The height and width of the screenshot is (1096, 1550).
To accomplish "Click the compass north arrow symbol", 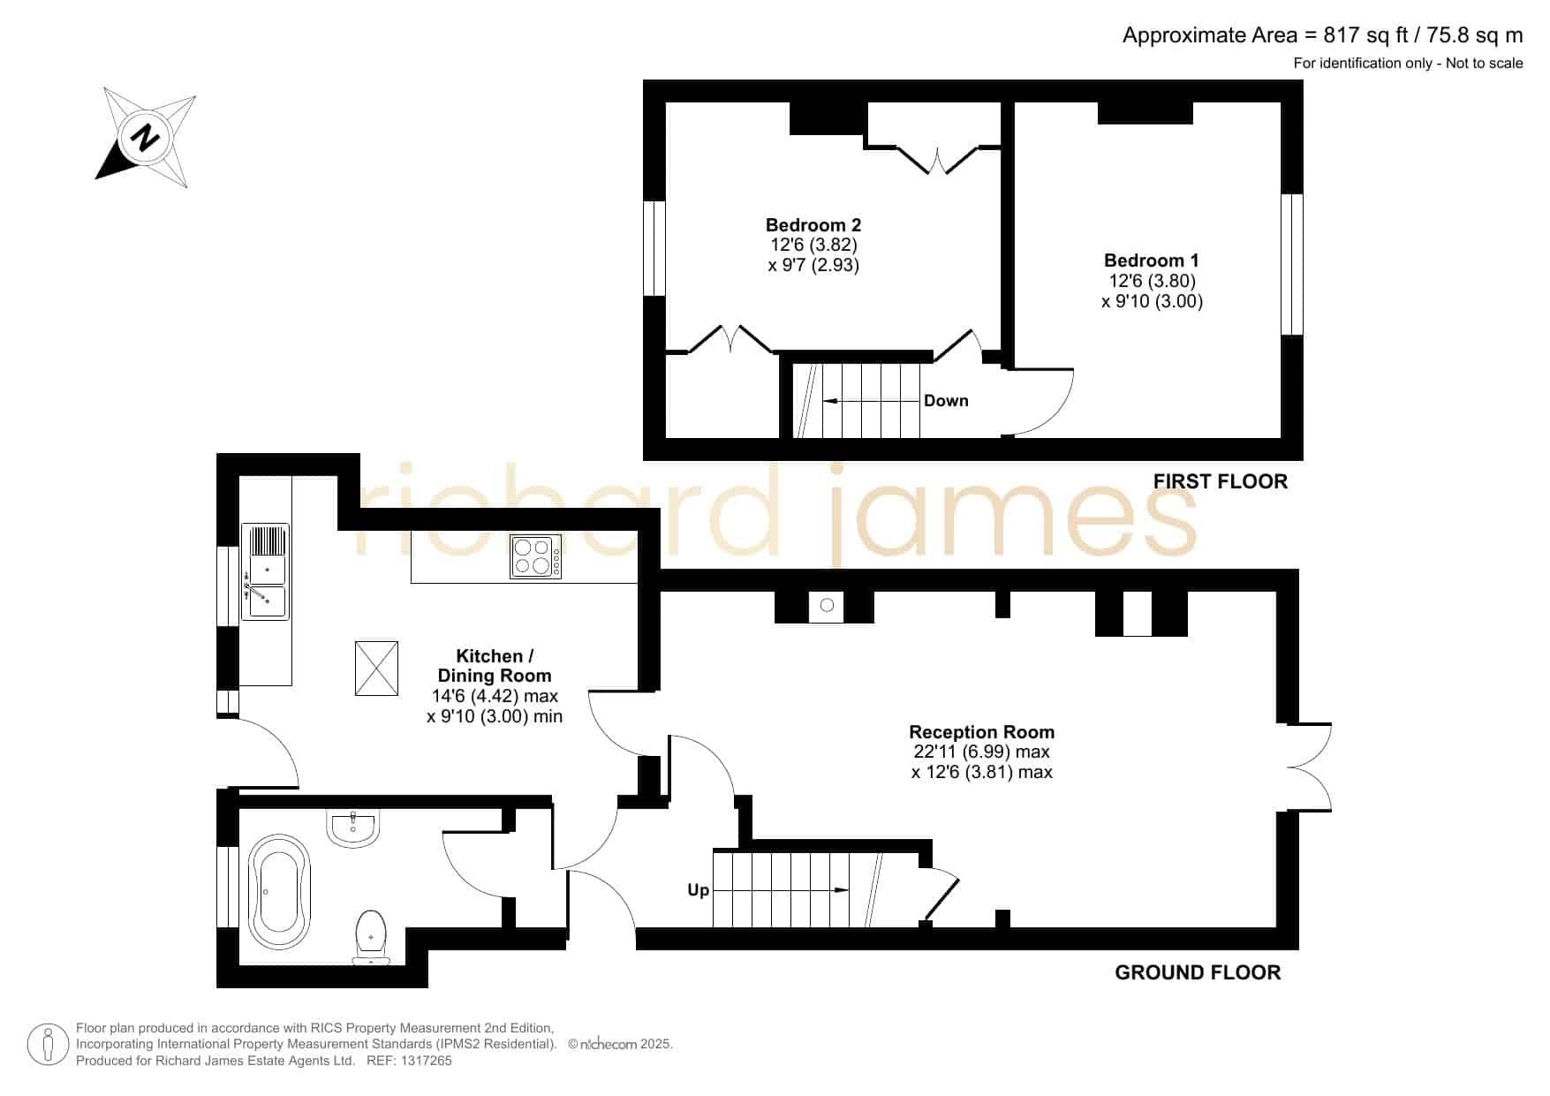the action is (147, 138).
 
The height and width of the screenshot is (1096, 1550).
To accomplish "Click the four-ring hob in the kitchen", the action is (535, 557).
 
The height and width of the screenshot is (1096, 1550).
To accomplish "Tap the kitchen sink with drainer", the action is (266, 571).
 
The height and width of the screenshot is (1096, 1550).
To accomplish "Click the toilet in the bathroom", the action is (371, 937).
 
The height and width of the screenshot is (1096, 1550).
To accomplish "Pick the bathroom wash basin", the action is (352, 828).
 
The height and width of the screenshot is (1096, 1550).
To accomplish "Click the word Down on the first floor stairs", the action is (946, 401).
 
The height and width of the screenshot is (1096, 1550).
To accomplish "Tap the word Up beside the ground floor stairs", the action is (698, 890).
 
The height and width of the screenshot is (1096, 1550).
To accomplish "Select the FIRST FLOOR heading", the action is (1221, 481).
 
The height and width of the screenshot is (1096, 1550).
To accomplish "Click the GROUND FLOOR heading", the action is (1198, 972).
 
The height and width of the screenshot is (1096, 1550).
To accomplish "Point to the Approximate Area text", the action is (1322, 35).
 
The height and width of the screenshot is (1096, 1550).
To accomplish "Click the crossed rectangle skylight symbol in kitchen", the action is (376, 669).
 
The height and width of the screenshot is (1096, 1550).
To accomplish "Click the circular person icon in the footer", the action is (48, 1045).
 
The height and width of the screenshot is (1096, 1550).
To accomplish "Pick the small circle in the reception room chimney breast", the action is (827, 605).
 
